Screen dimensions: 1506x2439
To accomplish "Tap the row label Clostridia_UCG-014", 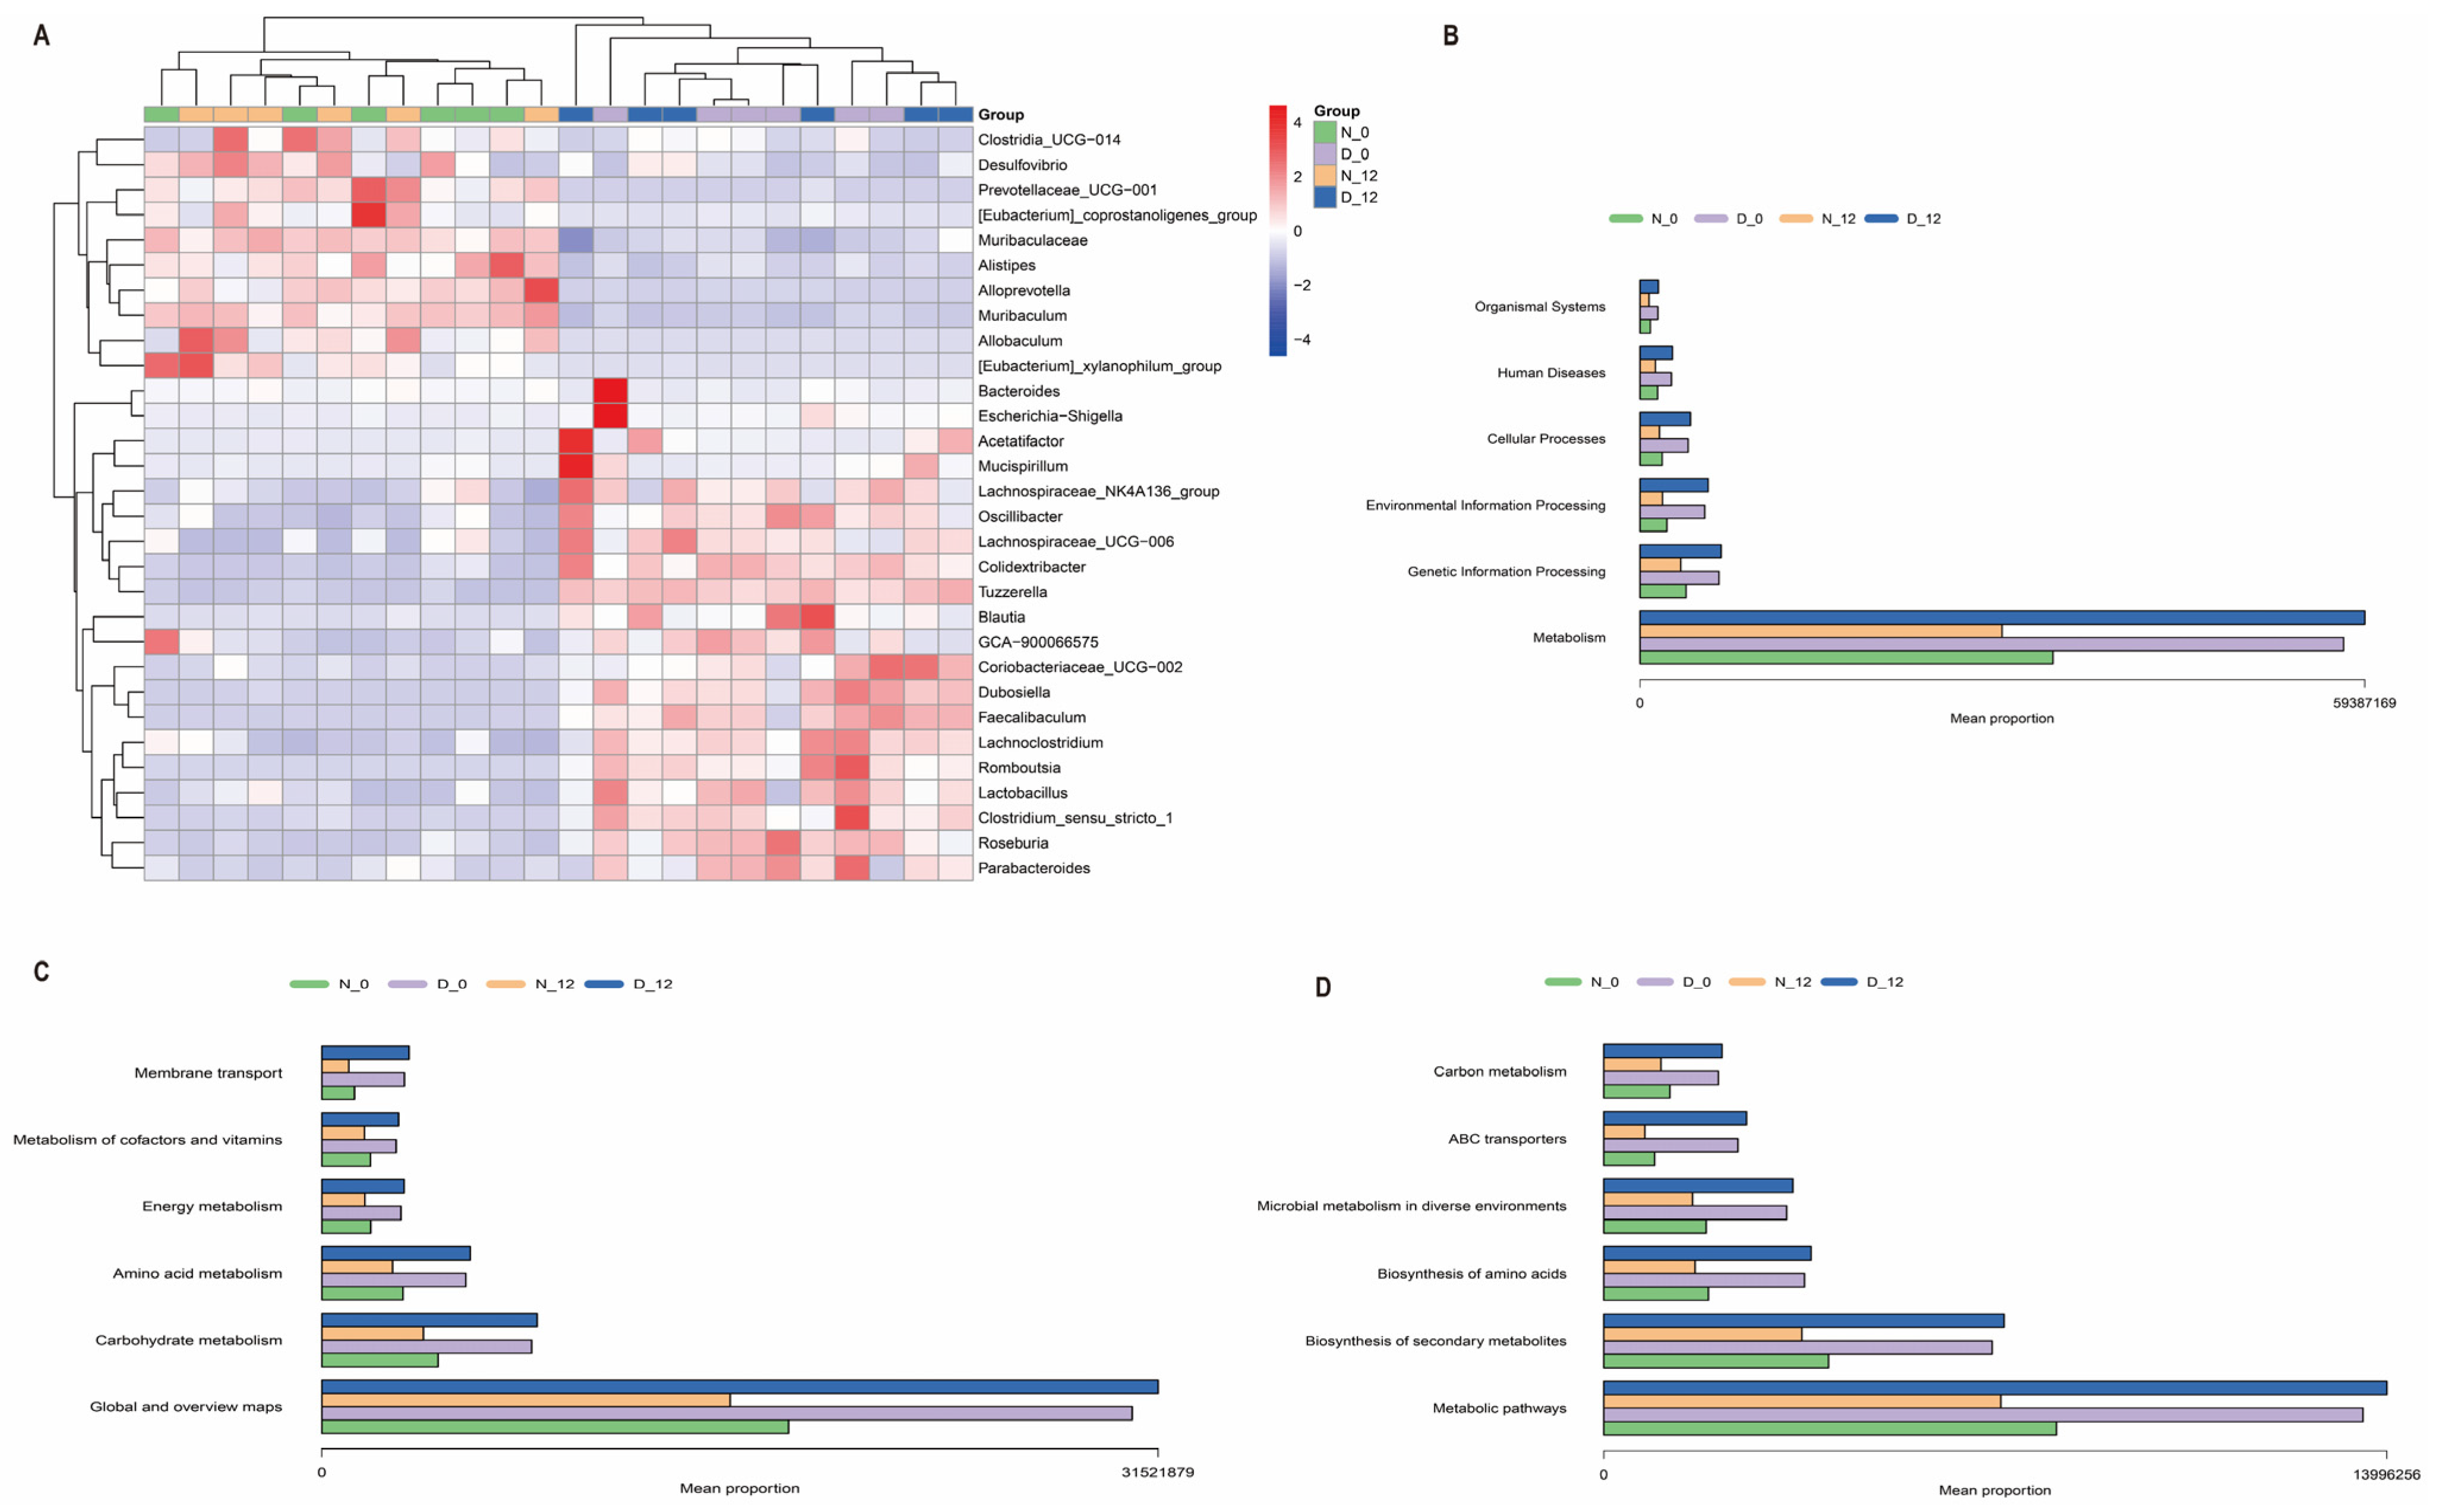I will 1048,140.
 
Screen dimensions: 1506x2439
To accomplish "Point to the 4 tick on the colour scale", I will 1297,122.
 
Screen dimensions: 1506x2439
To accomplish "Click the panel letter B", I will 1450,36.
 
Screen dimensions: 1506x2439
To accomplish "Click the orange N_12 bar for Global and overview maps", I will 525,1400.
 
